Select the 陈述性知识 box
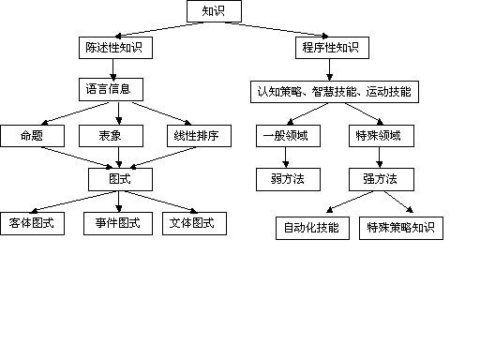(113, 46)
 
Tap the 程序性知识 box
(332, 46)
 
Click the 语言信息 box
(111, 90)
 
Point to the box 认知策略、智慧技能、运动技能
(335, 92)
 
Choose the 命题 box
(32, 136)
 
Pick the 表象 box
(110, 136)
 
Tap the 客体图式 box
(33, 223)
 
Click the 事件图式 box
(117, 223)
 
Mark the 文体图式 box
(193, 223)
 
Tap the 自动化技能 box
(312, 227)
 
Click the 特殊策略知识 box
(400, 227)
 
